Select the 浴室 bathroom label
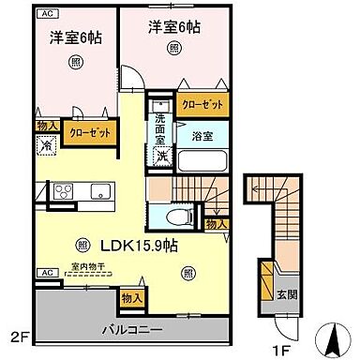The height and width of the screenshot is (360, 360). [202, 136]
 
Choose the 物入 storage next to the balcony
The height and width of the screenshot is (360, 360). [132, 298]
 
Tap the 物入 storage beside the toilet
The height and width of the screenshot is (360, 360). [216, 225]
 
